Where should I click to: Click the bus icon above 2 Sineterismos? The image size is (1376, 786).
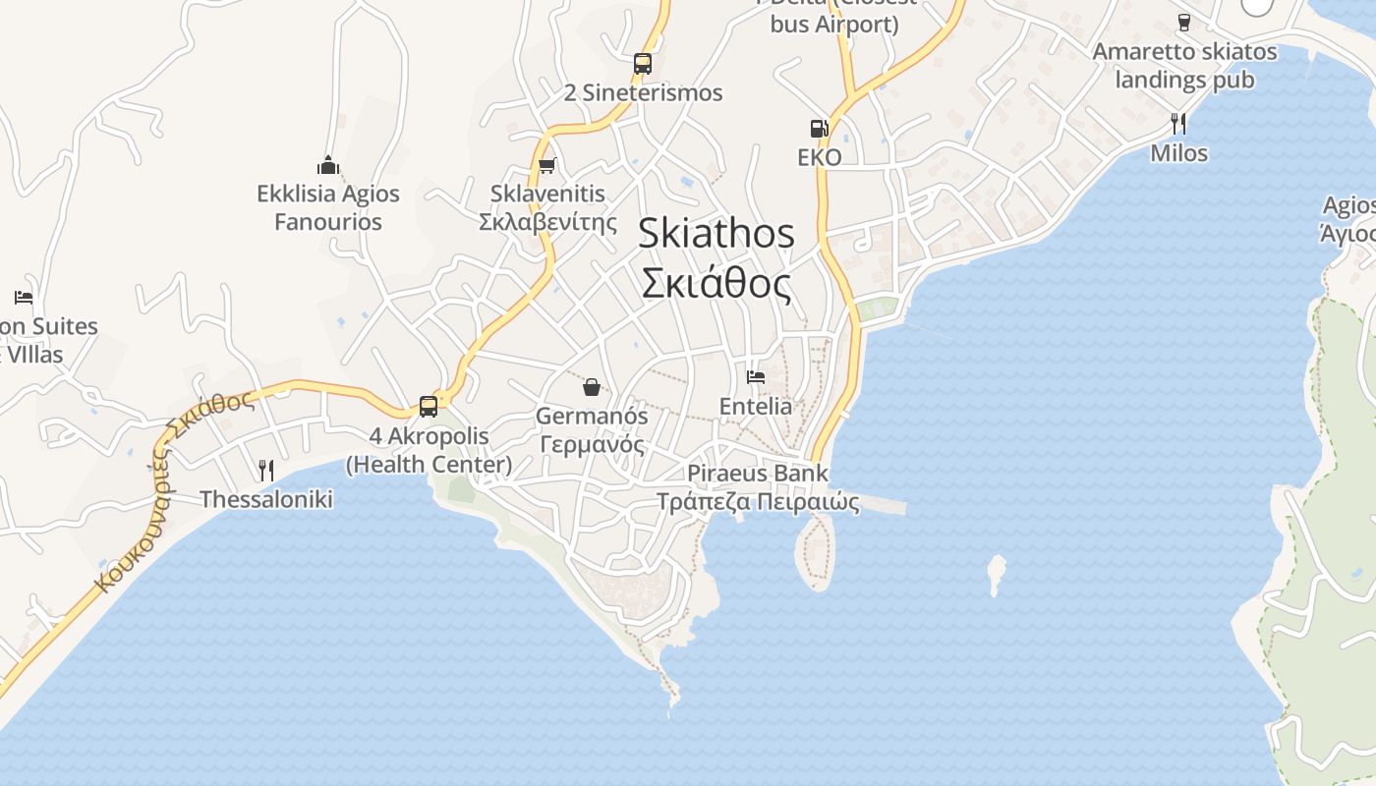[x=643, y=64]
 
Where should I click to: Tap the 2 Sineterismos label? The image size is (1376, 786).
[x=643, y=93]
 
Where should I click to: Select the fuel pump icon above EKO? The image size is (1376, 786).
[x=818, y=128]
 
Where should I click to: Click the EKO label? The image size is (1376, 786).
[x=819, y=157]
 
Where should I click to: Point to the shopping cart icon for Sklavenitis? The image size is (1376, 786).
[x=547, y=165]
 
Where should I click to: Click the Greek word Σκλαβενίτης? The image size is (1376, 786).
[x=547, y=221]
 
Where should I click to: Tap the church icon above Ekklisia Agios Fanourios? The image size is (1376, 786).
[x=327, y=165]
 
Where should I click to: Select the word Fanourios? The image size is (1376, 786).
[x=327, y=222]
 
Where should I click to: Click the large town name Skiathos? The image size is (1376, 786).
[x=716, y=234]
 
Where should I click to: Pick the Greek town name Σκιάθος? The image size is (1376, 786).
[x=716, y=283]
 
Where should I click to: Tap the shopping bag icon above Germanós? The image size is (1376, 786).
[x=592, y=387]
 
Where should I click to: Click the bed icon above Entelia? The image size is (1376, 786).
[x=755, y=376]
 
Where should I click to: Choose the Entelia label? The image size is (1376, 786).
[x=755, y=406]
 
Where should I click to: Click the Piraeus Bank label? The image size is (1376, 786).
[x=758, y=474]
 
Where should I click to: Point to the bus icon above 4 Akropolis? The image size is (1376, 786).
[x=429, y=406]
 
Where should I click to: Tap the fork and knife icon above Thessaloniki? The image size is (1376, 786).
[x=265, y=470]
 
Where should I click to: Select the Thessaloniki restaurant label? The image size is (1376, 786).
[x=266, y=499]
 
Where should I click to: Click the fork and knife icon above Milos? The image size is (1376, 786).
[x=1178, y=124]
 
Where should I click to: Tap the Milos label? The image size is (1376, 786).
[x=1178, y=153]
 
